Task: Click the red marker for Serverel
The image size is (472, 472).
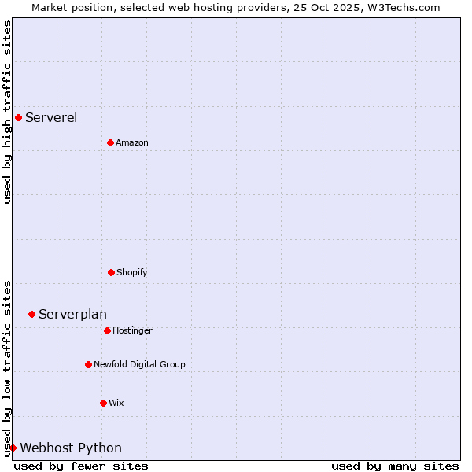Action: coord(18,118)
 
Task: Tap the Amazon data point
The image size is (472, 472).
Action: coord(110,142)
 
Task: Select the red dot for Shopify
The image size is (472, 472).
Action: coord(111,272)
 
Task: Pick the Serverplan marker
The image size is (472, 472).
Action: coord(31,314)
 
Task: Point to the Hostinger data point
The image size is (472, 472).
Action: coord(107,330)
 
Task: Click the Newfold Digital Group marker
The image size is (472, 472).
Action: coord(88,364)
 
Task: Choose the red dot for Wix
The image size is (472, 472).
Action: coord(103,403)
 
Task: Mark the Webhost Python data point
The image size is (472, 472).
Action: coord(13,448)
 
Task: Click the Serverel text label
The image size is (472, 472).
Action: coord(51,118)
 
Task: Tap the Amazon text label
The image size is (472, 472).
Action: coord(132,143)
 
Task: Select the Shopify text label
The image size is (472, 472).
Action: coord(132,273)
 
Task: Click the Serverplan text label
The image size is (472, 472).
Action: coord(72,315)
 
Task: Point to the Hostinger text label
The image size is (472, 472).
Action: coord(132,331)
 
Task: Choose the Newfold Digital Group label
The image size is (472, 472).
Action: coord(139,365)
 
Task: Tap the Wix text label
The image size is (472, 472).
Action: coord(116,404)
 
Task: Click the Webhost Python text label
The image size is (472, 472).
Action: coord(71,448)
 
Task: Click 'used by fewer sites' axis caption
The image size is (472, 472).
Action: coord(81,466)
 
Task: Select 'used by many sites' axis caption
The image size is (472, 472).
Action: coord(395,466)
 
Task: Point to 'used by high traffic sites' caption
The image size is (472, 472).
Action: coord(7,112)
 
